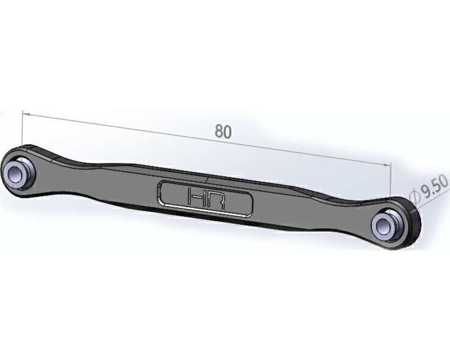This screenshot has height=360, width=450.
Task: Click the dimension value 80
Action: click(223, 131)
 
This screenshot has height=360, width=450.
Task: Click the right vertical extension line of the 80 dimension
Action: click(389, 180)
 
